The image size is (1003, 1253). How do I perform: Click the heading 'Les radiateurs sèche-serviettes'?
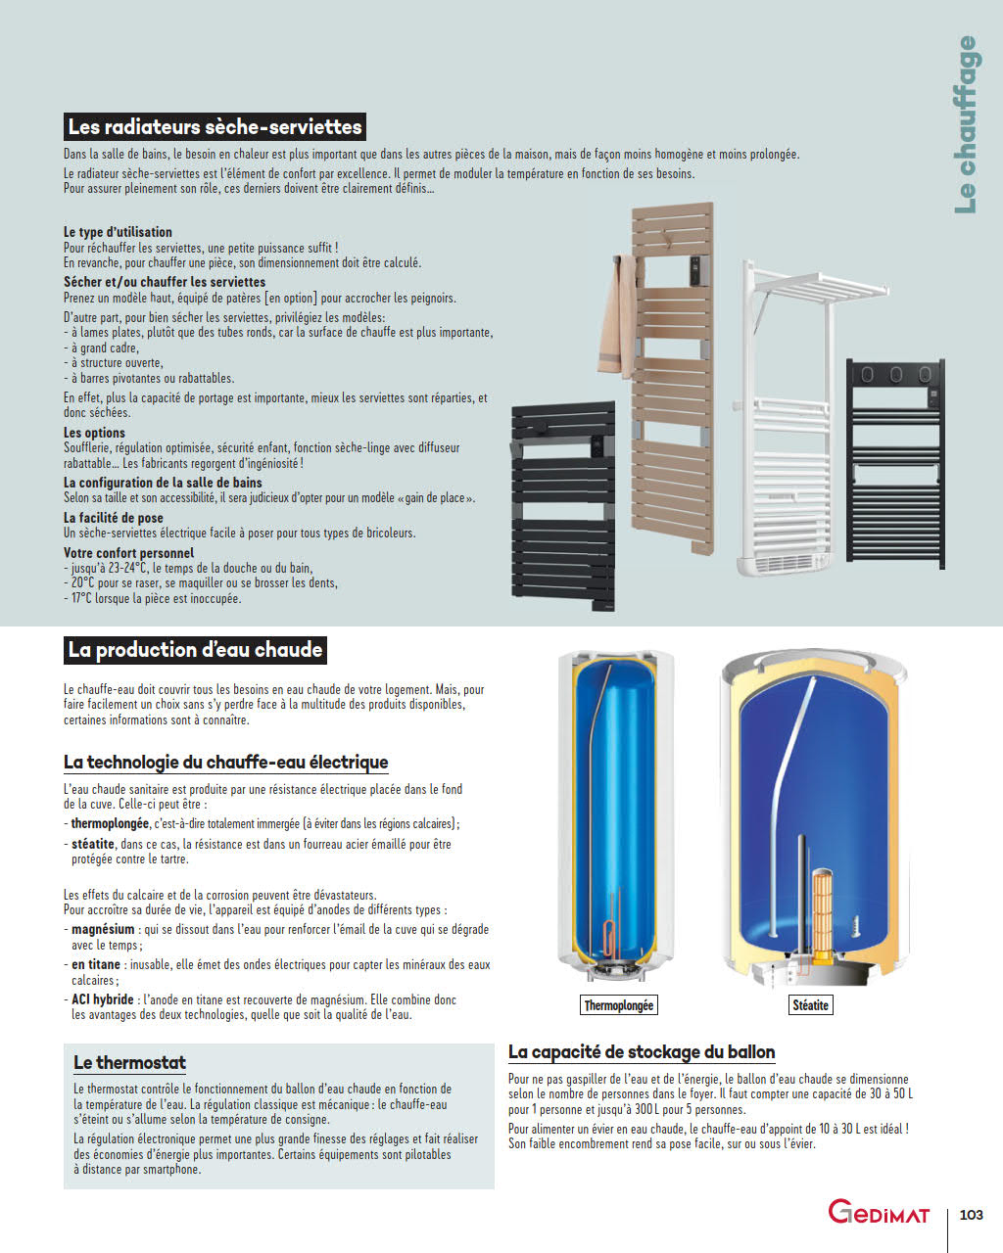[x=215, y=127]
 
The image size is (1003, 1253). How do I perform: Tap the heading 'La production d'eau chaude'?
[x=195, y=650]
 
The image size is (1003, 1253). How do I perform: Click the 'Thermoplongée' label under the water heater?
[x=618, y=1005]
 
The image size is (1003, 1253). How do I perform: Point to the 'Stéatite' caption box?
[x=810, y=1005]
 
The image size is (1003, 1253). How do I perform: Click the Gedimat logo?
[x=879, y=1213]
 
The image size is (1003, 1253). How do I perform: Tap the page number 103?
[x=971, y=1215]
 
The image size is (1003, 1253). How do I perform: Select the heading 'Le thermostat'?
[x=129, y=1063]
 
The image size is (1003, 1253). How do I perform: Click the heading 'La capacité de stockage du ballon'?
[x=642, y=1052]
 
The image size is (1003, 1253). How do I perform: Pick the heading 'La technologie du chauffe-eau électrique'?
[x=225, y=763]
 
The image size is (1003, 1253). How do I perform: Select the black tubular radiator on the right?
[x=895, y=460]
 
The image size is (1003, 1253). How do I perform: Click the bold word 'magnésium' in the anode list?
[x=103, y=930]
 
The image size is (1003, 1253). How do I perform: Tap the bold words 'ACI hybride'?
[x=102, y=1000]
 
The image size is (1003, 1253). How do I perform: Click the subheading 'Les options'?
[x=94, y=433]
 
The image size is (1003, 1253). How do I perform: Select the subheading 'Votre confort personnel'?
[x=128, y=553]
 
